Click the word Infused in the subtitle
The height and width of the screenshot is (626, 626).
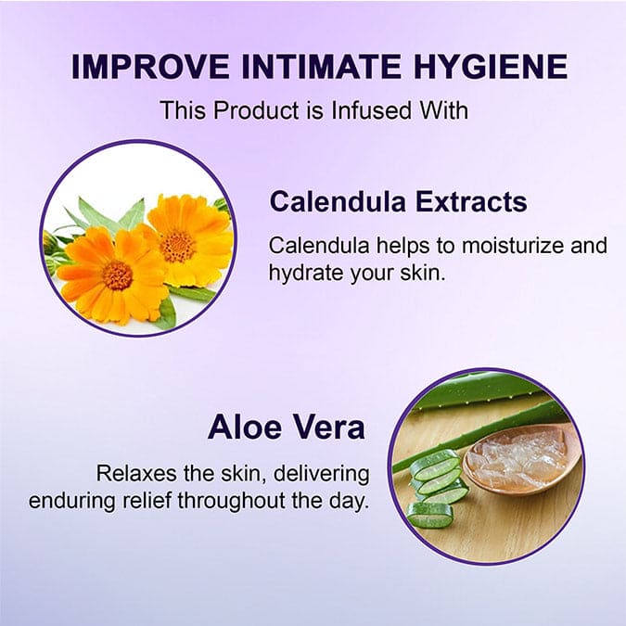(x=353, y=110)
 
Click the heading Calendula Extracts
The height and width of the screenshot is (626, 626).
(x=398, y=201)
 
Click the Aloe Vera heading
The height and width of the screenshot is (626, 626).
(x=286, y=427)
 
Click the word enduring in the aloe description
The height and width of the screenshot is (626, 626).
(x=70, y=502)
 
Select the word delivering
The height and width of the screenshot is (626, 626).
(x=323, y=474)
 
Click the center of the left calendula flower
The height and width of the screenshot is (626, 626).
(x=118, y=274)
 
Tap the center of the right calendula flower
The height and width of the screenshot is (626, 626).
(x=177, y=245)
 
